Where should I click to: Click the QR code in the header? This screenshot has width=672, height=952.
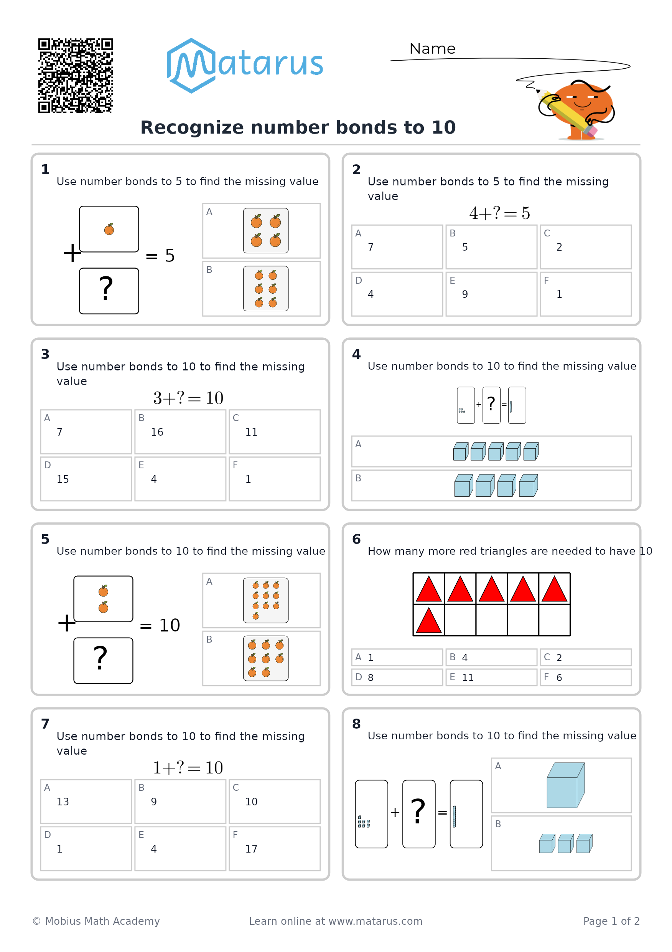76,76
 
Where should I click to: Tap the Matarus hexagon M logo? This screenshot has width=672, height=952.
191,66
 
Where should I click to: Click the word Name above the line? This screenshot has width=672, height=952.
432,48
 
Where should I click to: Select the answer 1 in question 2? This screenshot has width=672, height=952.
559,294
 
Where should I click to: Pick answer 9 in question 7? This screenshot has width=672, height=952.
154,802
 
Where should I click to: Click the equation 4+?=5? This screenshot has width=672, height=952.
499,213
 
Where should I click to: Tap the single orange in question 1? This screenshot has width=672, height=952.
109,229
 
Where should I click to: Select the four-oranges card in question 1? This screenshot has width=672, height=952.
265,231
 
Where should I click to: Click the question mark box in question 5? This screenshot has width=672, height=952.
103,661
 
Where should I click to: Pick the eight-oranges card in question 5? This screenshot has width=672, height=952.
265,658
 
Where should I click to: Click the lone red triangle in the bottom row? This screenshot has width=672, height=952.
428,620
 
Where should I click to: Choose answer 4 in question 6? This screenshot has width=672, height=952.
465,657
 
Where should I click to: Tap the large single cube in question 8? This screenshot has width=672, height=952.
565,785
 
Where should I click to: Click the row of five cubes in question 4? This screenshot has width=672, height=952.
496,451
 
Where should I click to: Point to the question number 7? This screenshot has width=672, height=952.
45,724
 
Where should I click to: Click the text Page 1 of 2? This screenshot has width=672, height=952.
611,921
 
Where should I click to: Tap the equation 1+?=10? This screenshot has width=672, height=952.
188,767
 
